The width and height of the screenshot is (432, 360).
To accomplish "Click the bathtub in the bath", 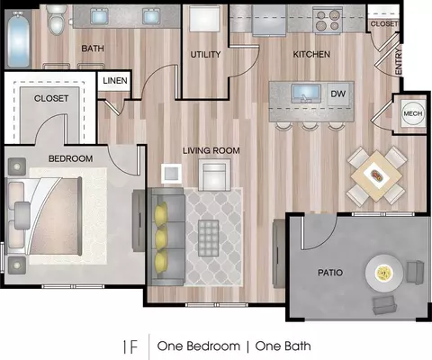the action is [x=19, y=40].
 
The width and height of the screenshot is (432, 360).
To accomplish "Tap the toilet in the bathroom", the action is [x=57, y=20].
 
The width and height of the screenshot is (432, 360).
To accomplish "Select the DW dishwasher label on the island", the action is [x=338, y=94].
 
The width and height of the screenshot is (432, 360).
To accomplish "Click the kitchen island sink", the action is [x=306, y=94].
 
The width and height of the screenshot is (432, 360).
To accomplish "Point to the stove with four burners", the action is [x=328, y=21].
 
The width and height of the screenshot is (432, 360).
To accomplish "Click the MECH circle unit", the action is [x=413, y=113].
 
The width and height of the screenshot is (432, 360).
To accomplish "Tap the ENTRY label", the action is [x=399, y=62].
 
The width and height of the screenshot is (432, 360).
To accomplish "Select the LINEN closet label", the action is [x=115, y=80].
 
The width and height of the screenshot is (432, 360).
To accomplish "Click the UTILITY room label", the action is [x=205, y=54].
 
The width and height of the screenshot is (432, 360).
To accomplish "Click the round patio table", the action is [x=384, y=273].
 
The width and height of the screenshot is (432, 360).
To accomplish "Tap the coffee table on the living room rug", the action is [x=209, y=238].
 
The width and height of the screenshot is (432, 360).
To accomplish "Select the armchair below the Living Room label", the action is [x=214, y=175].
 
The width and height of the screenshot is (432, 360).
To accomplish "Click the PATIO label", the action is [x=330, y=273].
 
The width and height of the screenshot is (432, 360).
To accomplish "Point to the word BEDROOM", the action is [x=70, y=158].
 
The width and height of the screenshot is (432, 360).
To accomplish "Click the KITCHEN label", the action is [x=311, y=54].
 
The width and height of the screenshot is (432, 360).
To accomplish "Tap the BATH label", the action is [x=93, y=48].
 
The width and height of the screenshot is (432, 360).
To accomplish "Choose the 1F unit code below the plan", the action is [x=130, y=347].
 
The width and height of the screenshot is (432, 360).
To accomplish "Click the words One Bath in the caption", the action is [x=283, y=346].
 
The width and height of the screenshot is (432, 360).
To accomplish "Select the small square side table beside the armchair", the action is [x=171, y=174].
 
